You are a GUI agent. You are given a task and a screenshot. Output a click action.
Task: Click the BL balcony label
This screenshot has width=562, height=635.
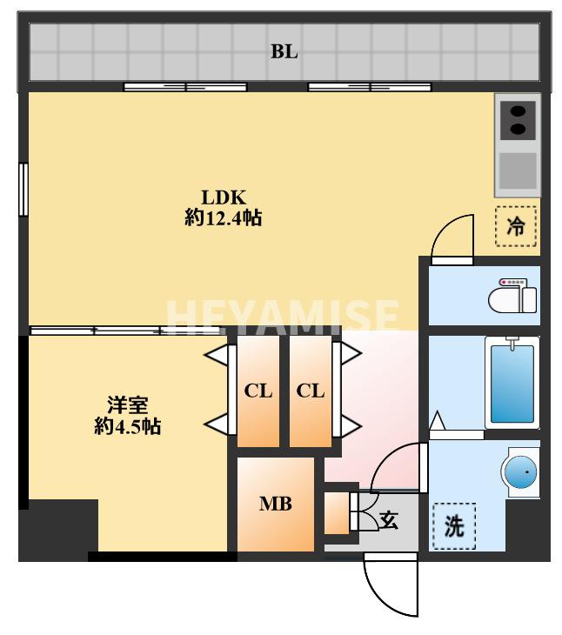click(x=284, y=51)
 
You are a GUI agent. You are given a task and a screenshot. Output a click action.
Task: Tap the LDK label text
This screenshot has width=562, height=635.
click(x=224, y=196)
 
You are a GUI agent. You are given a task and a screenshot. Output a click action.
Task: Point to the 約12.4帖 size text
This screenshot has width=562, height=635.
click(x=224, y=218)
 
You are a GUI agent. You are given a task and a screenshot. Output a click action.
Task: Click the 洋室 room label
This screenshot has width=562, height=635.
click(x=126, y=405)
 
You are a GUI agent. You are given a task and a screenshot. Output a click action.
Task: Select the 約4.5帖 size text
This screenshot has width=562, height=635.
click(x=126, y=427)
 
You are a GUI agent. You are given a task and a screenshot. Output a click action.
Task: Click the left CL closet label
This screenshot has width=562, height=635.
click(x=258, y=391)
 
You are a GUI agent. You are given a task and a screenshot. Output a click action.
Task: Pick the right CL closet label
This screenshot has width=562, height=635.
click(x=311, y=391)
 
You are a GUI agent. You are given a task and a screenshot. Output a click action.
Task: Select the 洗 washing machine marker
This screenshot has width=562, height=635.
click(x=454, y=526)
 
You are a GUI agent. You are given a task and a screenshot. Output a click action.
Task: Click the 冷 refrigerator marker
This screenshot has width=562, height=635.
click(x=516, y=227)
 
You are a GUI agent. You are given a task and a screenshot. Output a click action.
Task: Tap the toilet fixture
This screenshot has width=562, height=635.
click(x=513, y=297)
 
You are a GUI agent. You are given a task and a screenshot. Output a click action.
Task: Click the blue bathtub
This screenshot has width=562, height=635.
click(x=512, y=383)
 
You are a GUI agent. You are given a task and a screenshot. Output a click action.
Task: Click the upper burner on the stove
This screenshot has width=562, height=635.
click(x=518, y=111)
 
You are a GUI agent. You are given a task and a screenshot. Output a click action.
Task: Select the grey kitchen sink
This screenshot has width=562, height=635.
click(x=518, y=170)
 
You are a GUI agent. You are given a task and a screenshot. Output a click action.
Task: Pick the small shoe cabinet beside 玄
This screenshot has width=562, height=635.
click(x=336, y=514)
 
